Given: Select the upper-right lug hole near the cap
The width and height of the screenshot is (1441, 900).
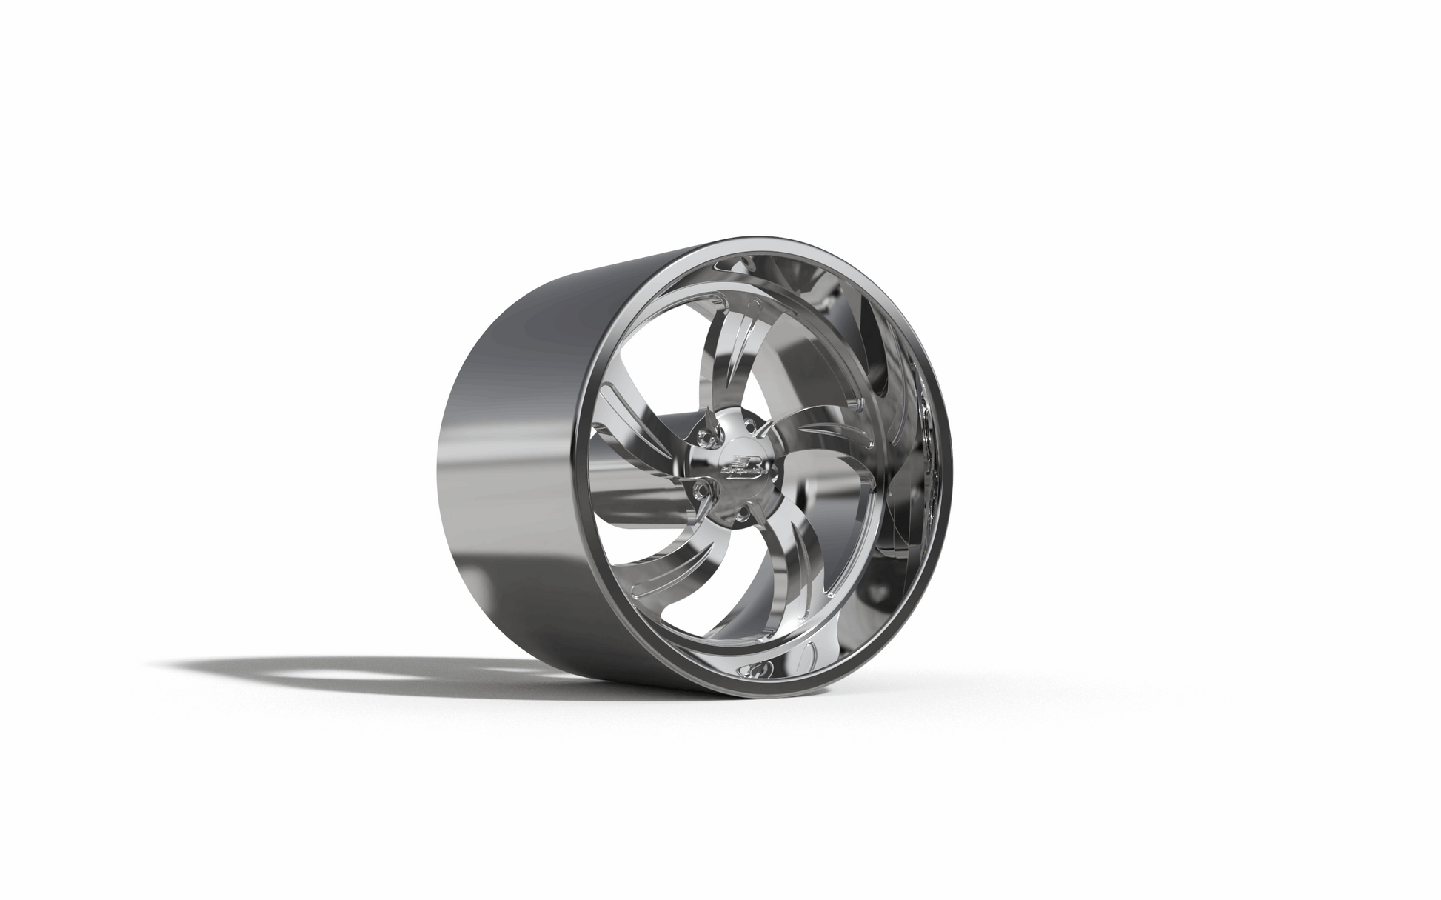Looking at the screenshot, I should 750,424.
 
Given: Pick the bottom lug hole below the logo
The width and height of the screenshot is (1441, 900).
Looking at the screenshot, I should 743,513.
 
